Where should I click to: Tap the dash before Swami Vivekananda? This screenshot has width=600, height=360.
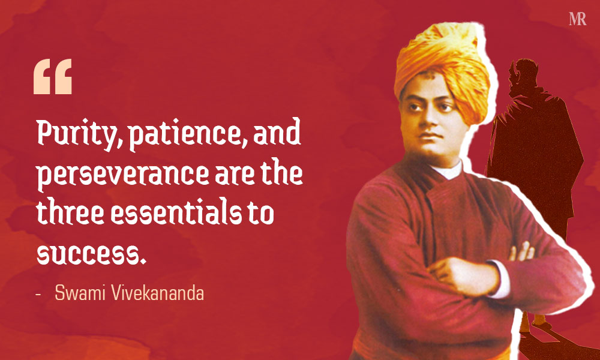pos(38,294)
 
